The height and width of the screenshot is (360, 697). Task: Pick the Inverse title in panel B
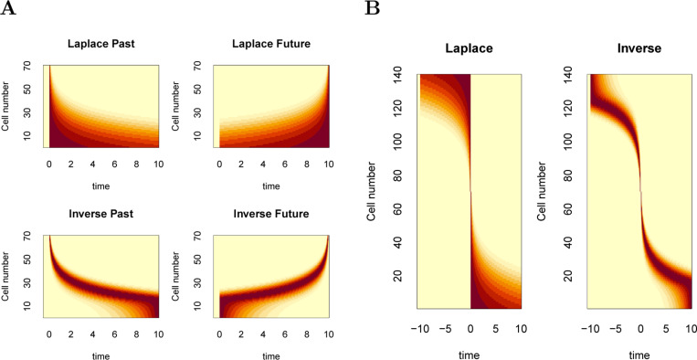coord(639,53)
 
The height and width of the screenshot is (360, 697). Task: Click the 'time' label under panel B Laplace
coord(469,349)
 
